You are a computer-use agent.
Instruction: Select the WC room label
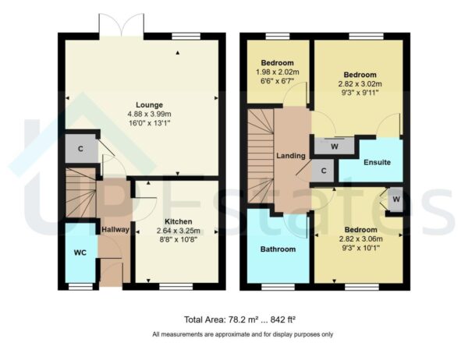79,253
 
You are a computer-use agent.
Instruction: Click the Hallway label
115,230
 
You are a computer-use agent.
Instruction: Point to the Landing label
291,157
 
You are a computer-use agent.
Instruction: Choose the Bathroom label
278,249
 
